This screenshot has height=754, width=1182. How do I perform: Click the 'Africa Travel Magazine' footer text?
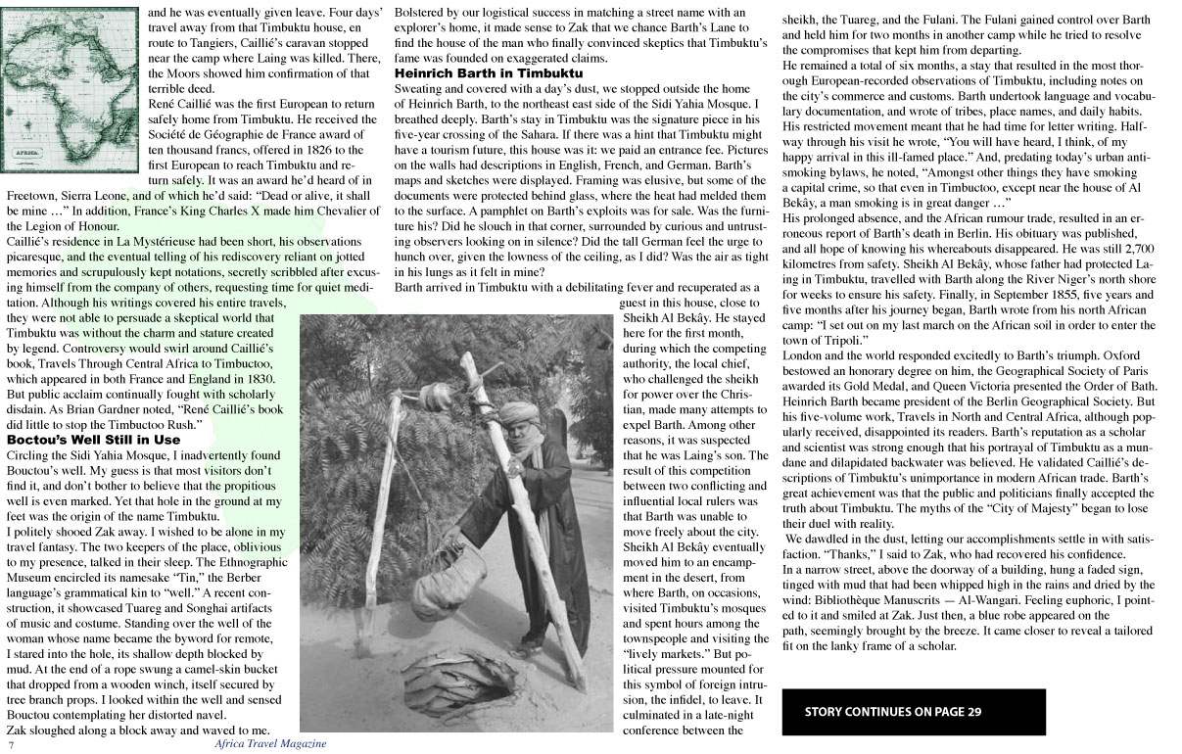pos(270,744)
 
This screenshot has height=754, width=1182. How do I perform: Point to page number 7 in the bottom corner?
pos(11,745)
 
